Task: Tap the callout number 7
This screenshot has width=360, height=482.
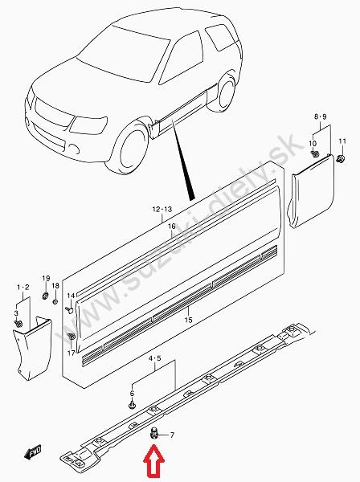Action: click(x=172, y=435)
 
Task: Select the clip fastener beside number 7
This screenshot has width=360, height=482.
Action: click(x=153, y=434)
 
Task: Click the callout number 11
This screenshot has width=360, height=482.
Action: click(x=342, y=141)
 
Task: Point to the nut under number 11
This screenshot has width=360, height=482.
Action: click(x=341, y=159)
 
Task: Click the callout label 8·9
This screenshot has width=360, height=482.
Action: click(x=320, y=116)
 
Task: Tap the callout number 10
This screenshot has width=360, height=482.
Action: click(x=313, y=143)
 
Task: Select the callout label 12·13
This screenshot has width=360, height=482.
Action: click(x=162, y=210)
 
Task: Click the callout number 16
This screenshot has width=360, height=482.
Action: click(x=171, y=227)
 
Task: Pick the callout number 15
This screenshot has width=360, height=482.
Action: click(x=189, y=320)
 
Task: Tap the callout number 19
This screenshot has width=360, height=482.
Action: click(x=46, y=279)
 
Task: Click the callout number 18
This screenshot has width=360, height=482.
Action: click(x=55, y=286)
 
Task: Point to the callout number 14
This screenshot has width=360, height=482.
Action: click(x=71, y=296)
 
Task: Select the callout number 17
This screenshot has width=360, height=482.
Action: click(x=71, y=353)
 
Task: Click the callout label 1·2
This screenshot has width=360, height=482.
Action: click(x=23, y=288)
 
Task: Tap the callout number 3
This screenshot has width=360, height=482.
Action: click(x=16, y=313)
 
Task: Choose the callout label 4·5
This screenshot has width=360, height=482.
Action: click(x=155, y=358)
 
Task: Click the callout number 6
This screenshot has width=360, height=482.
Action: click(x=133, y=394)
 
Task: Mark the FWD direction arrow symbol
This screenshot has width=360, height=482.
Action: click(x=33, y=452)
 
